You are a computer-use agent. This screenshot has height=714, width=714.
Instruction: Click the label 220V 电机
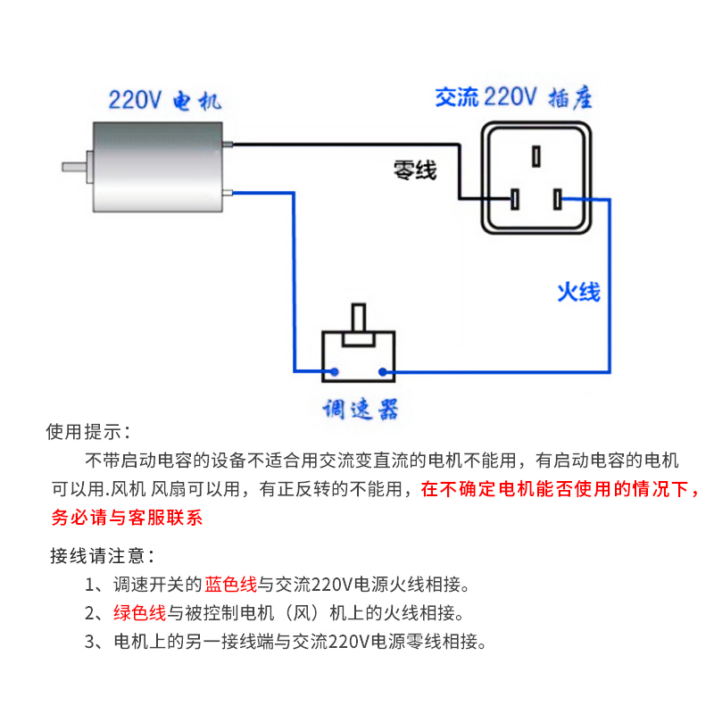tap(163, 99)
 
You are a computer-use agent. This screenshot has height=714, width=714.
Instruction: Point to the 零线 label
tap(415, 170)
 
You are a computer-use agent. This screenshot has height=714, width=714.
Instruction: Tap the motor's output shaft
tap(75, 166)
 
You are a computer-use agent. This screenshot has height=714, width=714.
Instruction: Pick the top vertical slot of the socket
tap(535, 156)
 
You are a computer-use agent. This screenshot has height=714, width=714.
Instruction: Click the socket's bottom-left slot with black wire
tap(515, 199)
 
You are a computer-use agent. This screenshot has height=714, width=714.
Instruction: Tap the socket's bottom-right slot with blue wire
tap(558, 199)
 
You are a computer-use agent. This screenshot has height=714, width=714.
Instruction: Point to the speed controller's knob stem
tap(359, 320)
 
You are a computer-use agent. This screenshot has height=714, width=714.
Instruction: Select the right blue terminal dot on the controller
tap(383, 371)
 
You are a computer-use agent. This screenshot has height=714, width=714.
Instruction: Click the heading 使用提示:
tap(88, 433)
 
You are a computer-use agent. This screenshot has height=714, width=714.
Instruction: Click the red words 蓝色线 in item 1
tap(230, 585)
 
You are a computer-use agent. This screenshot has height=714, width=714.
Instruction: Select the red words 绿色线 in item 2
tap(139, 613)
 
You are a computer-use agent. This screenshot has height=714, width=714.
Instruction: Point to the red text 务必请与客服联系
tap(127, 518)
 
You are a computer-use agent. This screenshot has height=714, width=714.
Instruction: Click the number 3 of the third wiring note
tap(91, 642)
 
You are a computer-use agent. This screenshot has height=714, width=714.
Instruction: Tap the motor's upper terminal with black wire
tap(229, 145)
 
